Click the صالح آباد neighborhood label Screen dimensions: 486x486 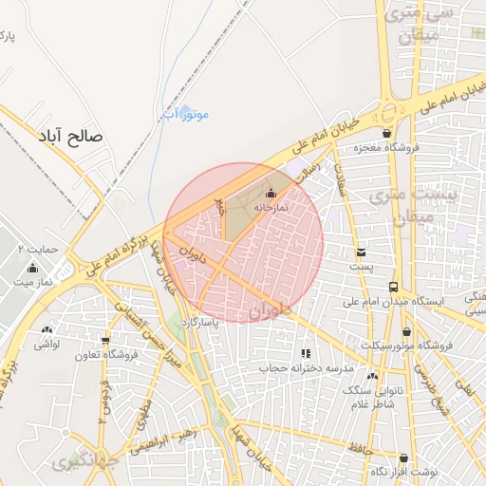click(x=70, y=137)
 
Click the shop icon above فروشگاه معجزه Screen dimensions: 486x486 click(x=387, y=133)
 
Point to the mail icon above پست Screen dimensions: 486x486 click(x=362, y=252)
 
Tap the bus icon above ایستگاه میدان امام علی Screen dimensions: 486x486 click(x=393, y=286)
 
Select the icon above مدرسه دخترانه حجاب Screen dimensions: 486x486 click(x=305, y=353)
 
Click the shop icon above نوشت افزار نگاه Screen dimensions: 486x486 click(x=403, y=458)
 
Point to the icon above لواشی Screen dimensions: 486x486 click(x=46, y=329)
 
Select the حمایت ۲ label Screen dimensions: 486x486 click(x=38, y=250)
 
